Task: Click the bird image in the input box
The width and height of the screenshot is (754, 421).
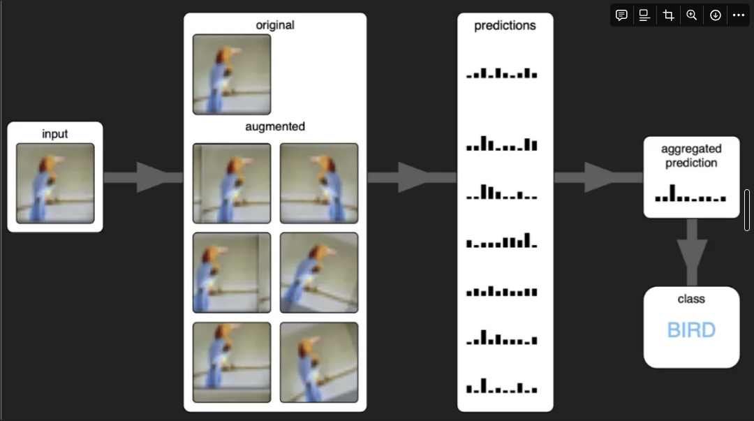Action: click(x=55, y=183)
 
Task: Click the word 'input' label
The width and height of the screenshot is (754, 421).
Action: click(x=55, y=134)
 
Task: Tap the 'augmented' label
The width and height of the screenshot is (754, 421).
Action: click(x=275, y=127)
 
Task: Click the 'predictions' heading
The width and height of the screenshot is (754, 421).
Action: click(x=505, y=26)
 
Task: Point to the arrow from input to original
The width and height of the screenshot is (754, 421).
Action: click(x=143, y=177)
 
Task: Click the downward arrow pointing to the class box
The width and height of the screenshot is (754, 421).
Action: click(x=691, y=251)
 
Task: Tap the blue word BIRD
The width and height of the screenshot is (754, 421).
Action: click(x=691, y=330)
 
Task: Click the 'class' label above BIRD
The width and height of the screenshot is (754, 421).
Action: click(x=691, y=299)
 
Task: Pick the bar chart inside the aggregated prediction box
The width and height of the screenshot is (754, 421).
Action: click(x=690, y=194)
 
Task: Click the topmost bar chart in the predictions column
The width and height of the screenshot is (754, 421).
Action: click(x=502, y=73)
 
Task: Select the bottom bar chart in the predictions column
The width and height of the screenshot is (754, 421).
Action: click(x=502, y=386)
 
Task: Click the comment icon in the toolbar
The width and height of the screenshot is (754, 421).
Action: click(x=621, y=15)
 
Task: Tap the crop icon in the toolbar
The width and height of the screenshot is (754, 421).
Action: click(x=668, y=15)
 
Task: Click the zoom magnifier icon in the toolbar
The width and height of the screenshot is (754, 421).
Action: click(x=692, y=15)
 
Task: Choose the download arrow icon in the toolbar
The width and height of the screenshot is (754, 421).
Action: click(x=715, y=15)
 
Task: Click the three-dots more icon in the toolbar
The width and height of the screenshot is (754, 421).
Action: click(x=739, y=15)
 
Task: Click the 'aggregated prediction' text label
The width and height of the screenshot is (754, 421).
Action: click(x=691, y=156)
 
